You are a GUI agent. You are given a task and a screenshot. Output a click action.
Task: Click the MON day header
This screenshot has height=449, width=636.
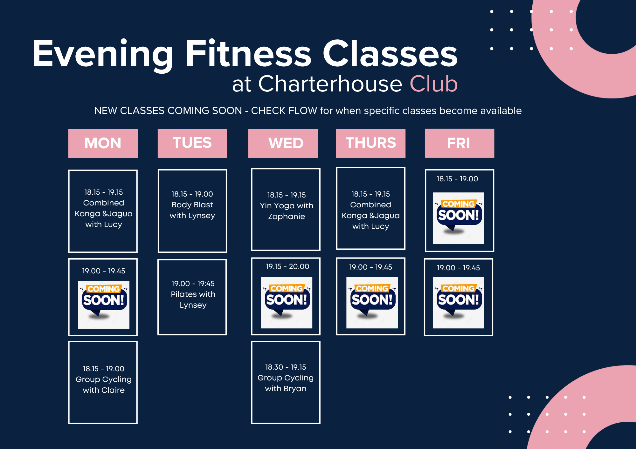103,143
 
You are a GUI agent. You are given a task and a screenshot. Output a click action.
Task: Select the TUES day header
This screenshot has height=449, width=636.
192,143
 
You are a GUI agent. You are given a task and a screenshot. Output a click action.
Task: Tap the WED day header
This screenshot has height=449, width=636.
283,143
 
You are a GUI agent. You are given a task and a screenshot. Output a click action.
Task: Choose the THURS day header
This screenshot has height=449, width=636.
371,143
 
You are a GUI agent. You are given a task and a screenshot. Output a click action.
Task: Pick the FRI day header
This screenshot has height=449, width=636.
460,143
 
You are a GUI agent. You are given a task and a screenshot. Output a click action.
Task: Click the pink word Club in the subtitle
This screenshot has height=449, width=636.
434,84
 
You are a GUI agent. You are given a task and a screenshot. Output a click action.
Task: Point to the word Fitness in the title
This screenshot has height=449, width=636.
248,53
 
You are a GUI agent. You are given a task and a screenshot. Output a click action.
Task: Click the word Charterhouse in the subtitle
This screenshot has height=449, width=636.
330,84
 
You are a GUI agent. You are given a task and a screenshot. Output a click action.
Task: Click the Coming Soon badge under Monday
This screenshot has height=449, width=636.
104,305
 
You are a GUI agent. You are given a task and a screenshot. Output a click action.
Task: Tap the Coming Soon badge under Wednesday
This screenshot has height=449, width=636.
287,303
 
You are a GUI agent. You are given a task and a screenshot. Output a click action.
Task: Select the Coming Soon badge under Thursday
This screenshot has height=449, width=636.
372,303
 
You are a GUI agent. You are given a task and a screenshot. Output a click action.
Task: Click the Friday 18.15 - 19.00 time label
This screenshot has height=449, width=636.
457,179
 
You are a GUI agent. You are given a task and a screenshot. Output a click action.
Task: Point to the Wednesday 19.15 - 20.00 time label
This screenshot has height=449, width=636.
287,266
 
